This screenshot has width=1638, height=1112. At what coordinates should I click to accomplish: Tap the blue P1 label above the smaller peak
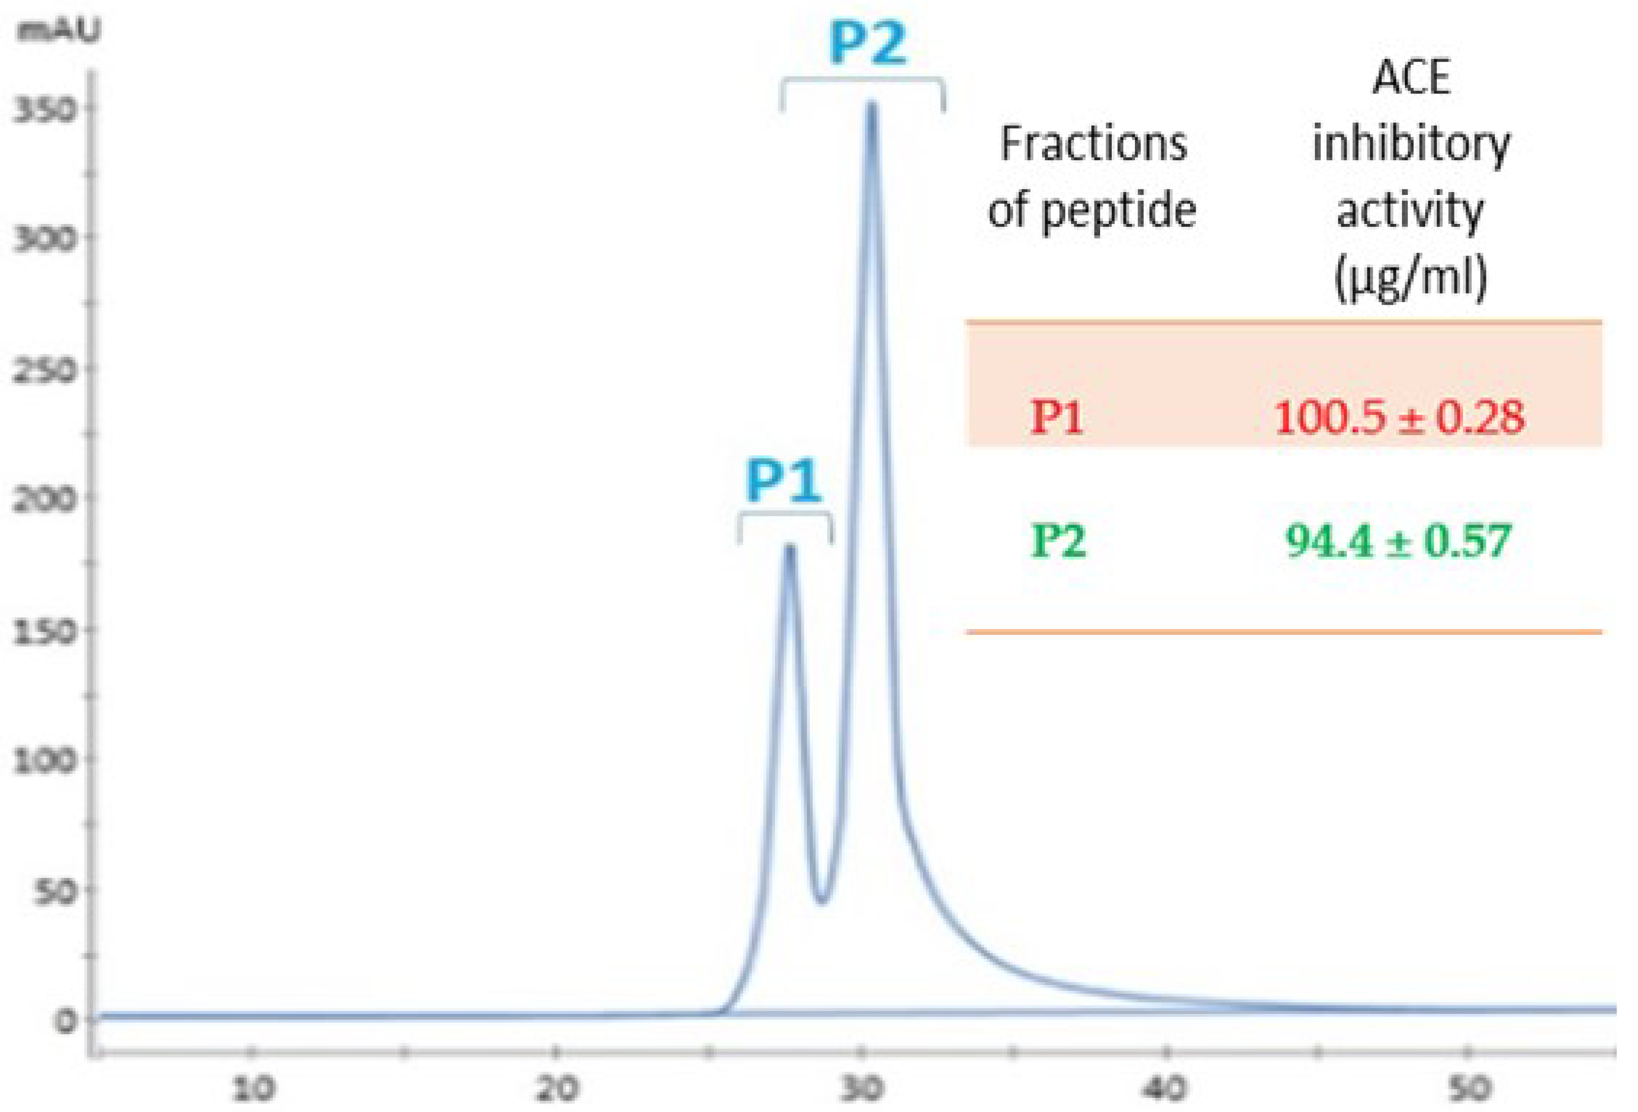[784, 482]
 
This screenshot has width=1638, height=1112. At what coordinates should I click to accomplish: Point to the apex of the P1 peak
[790, 548]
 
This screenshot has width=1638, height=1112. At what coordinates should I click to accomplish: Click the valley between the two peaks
[821, 901]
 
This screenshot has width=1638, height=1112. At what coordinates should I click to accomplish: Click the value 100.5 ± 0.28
[1398, 417]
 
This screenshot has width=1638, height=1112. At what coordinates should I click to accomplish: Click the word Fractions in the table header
[1093, 145]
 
